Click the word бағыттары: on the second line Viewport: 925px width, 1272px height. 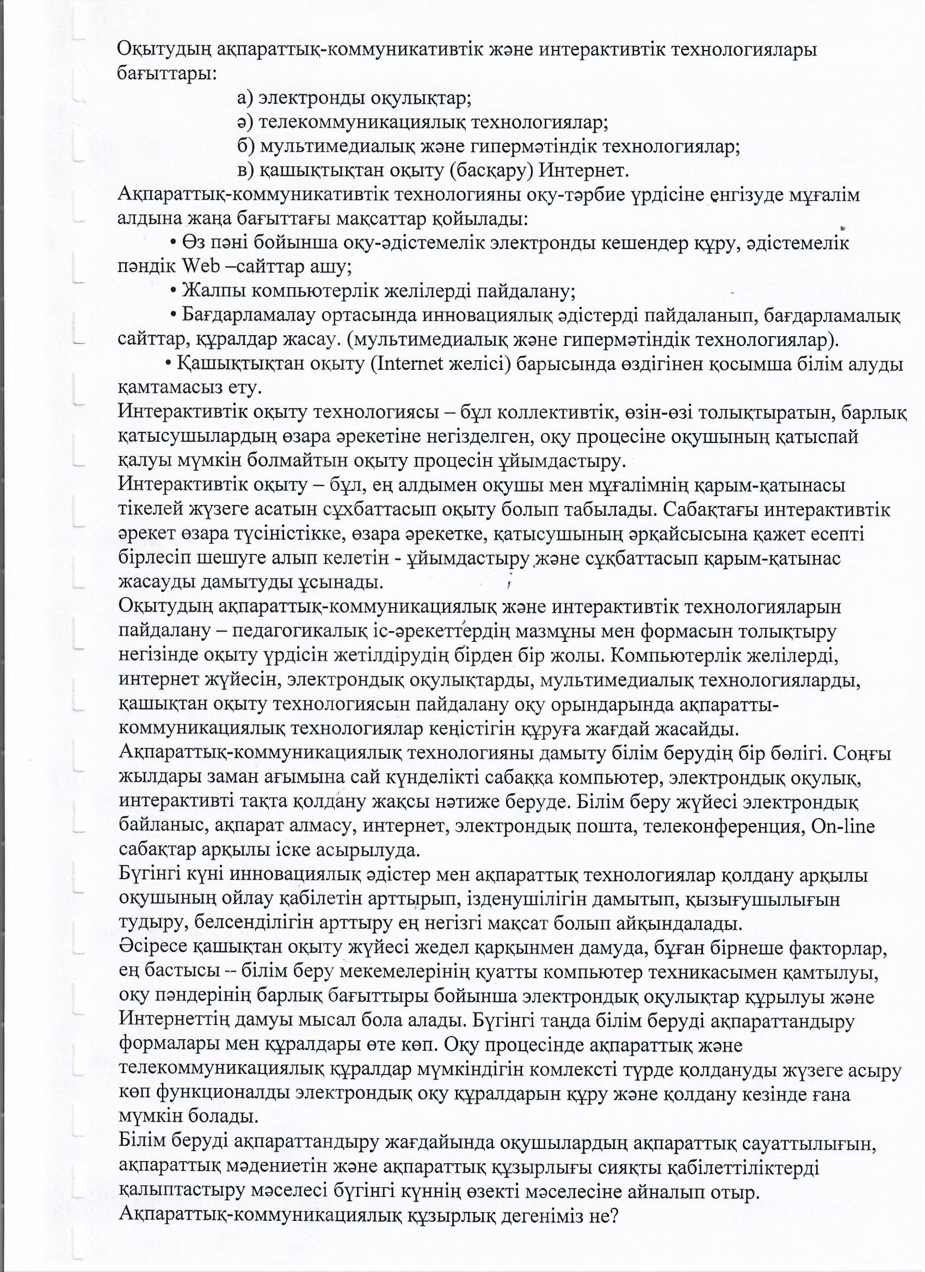(166, 74)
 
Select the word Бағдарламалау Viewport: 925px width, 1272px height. (248, 315)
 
